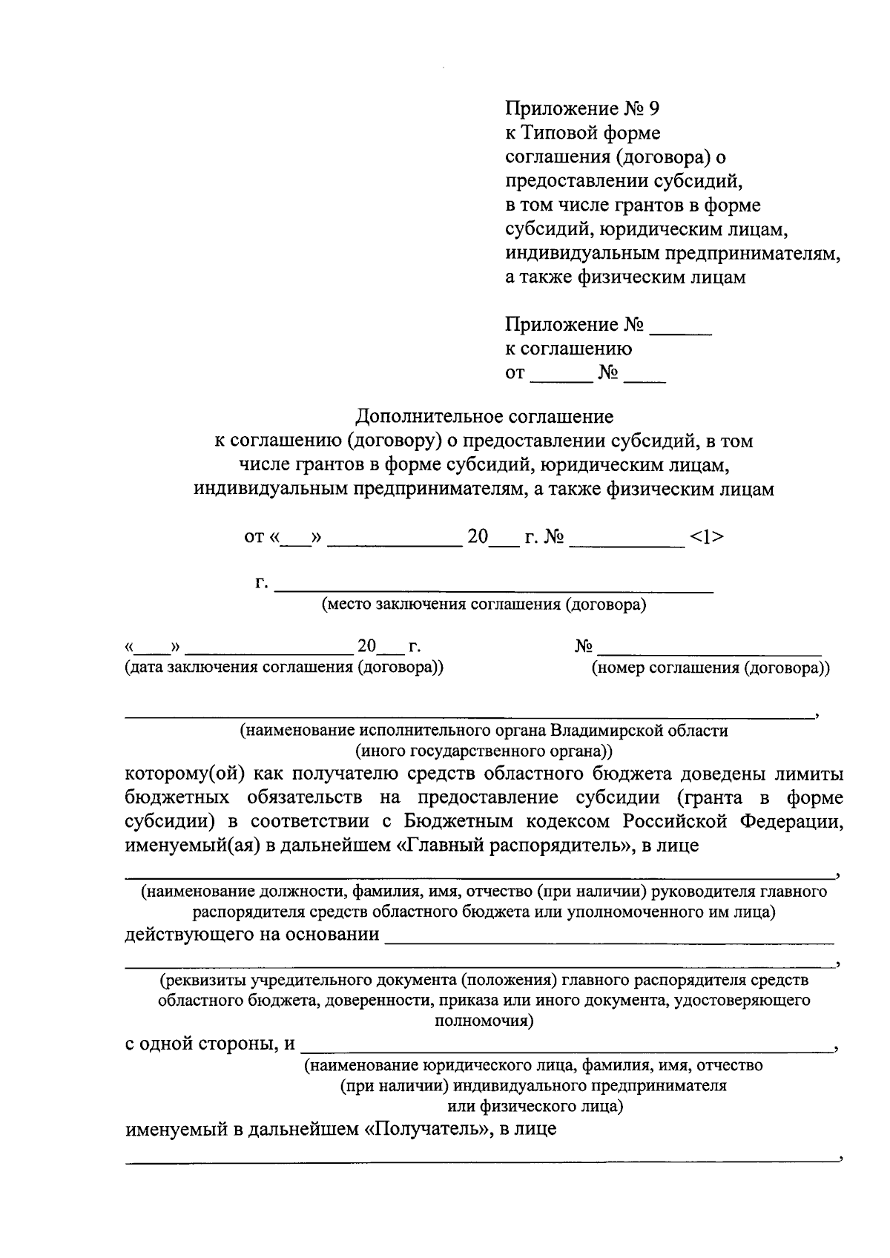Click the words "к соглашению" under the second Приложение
[x=568, y=349]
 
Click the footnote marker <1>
[x=706, y=536]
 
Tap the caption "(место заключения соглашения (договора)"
[x=484, y=605]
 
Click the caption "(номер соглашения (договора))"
[x=710, y=668]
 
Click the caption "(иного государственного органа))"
[x=484, y=750]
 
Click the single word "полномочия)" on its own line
[x=484, y=1021]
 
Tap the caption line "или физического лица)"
[x=534, y=1107]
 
